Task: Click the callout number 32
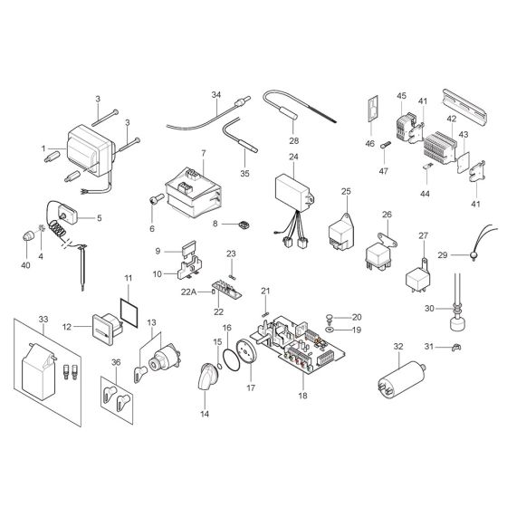tap(398, 347)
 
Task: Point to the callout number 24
tap(293, 157)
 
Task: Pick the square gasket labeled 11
tap(128, 307)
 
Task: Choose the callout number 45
tap(401, 96)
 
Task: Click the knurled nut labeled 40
tap(26, 235)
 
